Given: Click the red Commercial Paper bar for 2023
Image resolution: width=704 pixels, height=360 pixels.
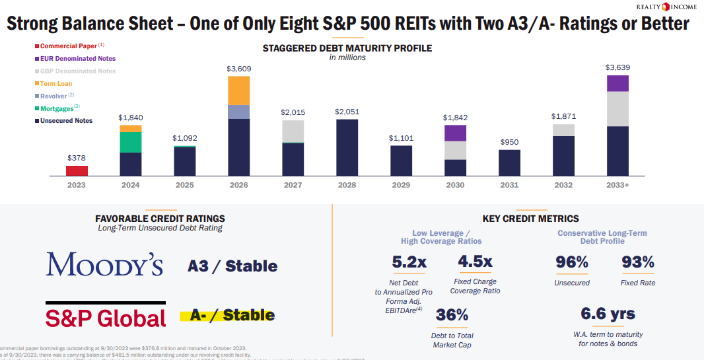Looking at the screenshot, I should click(77, 170).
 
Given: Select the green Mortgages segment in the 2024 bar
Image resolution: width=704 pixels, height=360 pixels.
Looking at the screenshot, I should click(130, 142).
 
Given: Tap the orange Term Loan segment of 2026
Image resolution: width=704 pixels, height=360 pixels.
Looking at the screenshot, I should click(238, 90).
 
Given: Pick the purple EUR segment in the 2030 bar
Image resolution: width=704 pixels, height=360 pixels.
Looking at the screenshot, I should click(455, 133).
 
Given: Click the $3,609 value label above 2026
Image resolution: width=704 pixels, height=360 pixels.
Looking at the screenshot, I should click(238, 69).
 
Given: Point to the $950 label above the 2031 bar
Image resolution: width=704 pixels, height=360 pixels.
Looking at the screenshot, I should click(509, 142).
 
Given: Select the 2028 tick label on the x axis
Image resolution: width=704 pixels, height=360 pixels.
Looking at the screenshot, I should click(347, 185).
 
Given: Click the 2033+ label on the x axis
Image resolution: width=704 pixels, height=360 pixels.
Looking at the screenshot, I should click(617, 185).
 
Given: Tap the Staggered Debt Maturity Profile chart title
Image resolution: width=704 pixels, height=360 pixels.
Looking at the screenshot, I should click(347, 48).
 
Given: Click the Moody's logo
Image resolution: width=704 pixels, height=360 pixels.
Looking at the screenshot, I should click(104, 265).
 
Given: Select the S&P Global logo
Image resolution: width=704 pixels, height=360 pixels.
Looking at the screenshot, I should click(106, 318).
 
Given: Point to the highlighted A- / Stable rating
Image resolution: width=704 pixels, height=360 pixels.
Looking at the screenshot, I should click(228, 315).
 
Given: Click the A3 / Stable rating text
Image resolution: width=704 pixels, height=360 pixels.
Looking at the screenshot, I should click(232, 266).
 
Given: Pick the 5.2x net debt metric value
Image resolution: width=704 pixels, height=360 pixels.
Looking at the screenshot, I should click(409, 262).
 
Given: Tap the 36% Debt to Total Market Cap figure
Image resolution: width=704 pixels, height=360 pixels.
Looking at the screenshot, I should click(452, 315).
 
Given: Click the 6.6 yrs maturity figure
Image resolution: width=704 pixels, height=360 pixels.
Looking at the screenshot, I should click(608, 313).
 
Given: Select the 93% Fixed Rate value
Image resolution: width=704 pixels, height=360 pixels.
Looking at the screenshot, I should click(638, 262).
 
